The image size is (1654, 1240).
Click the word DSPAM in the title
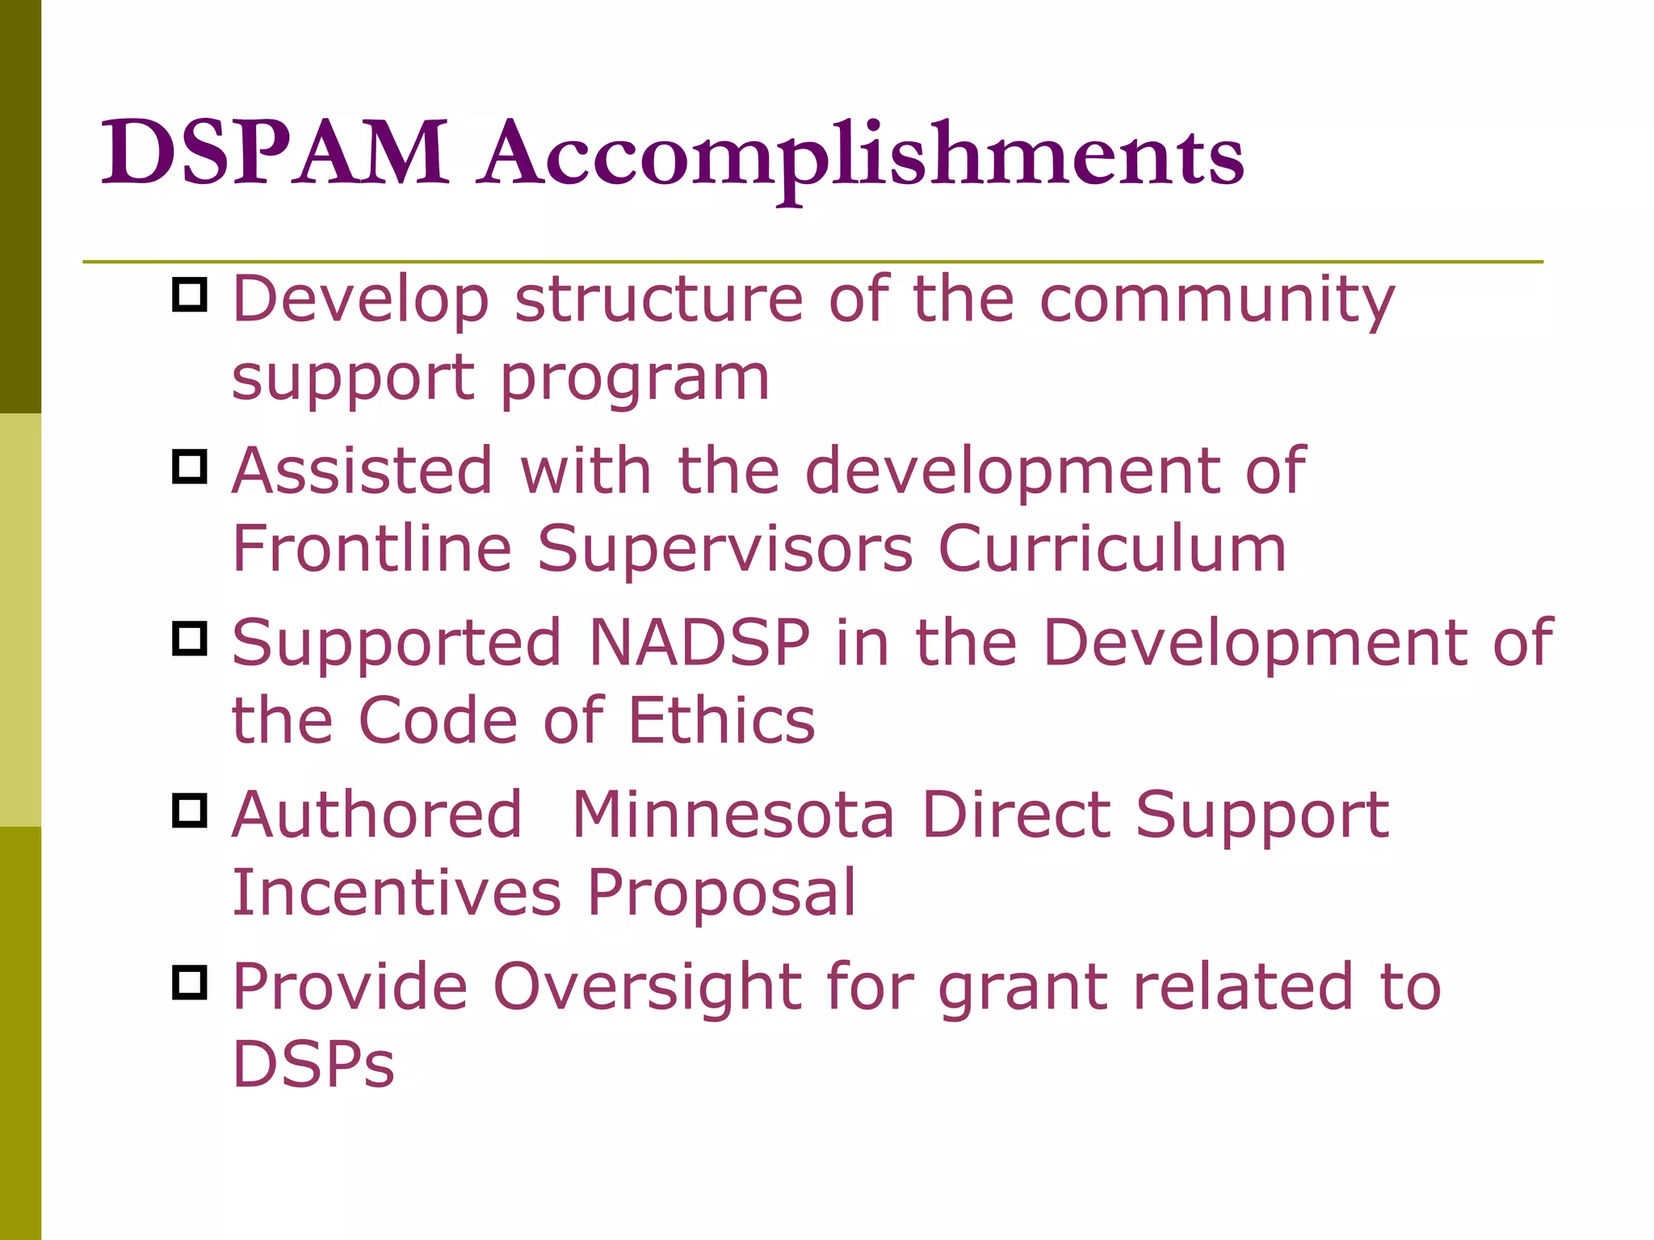[275, 153]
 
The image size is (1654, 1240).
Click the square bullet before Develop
[190, 295]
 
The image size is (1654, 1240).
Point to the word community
[1217, 301]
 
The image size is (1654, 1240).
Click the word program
[635, 379]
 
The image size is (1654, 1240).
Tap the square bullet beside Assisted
[190, 467]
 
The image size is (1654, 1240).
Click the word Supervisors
[725, 550]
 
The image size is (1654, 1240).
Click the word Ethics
[721, 720]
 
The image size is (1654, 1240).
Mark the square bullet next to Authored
[190, 810]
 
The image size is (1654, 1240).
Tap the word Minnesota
[733, 815]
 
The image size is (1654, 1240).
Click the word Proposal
[721, 894]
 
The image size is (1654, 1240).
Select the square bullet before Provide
[190, 982]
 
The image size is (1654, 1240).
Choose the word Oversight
[647, 988]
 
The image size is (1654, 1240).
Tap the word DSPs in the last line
[313, 1064]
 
